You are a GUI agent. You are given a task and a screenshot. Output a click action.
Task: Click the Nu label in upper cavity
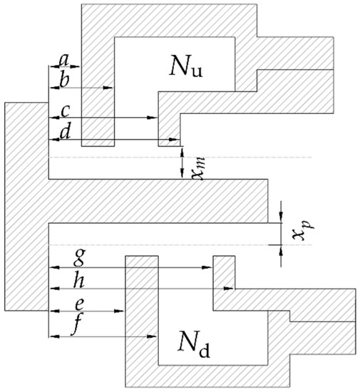pyautogui.click(x=190, y=67)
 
